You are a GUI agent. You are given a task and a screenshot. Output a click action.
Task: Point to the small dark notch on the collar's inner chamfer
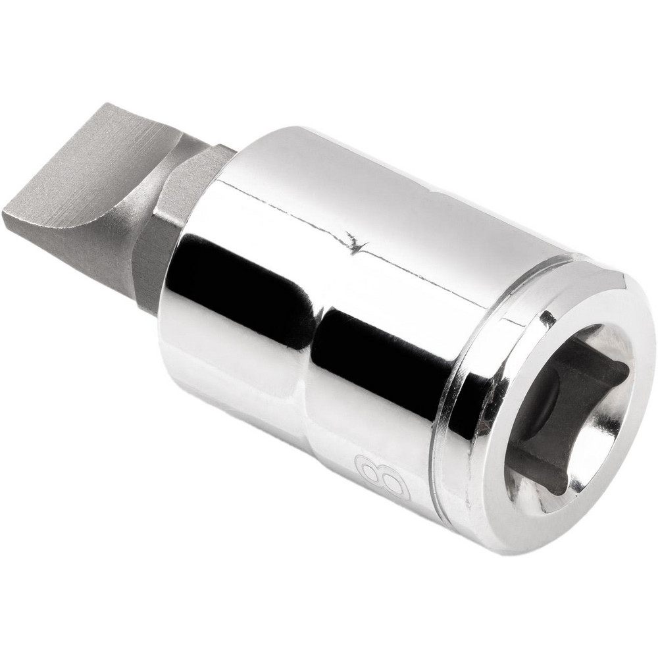click(545, 320)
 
